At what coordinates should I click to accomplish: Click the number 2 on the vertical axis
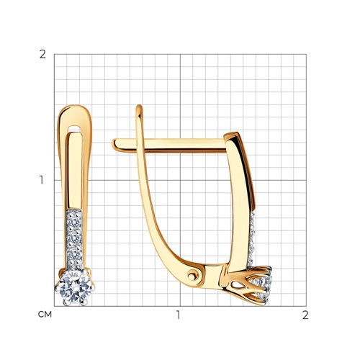[42, 55]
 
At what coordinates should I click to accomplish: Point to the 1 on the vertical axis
[42, 180]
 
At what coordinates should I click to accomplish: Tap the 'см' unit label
[45, 315]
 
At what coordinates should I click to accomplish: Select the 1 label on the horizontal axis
[178, 315]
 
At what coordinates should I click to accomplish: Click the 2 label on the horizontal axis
[305, 315]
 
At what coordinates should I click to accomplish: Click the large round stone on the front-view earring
[75, 287]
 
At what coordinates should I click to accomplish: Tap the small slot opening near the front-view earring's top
[75, 127]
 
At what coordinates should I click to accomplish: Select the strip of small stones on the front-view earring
[74, 239]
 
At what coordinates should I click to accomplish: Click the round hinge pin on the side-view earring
[192, 276]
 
